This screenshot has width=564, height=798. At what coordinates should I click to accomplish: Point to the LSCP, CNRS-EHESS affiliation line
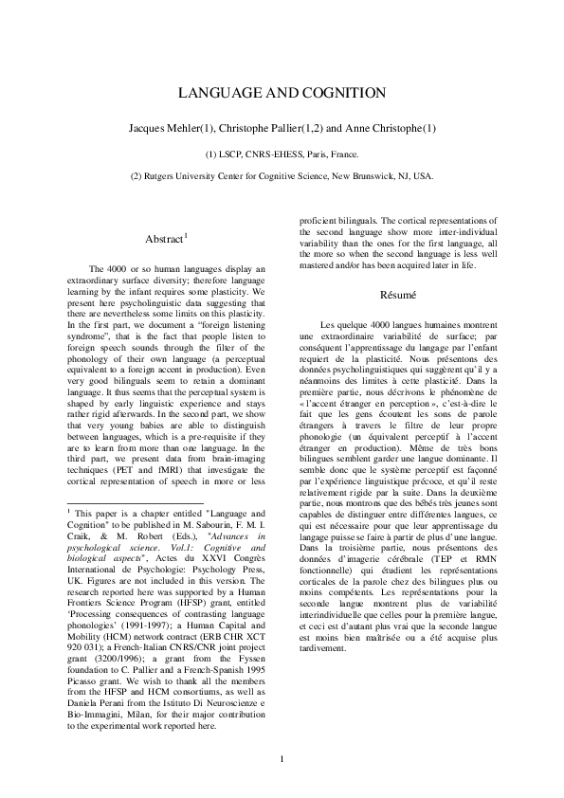click(282, 153)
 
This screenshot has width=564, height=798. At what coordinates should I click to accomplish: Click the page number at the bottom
click(282, 758)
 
